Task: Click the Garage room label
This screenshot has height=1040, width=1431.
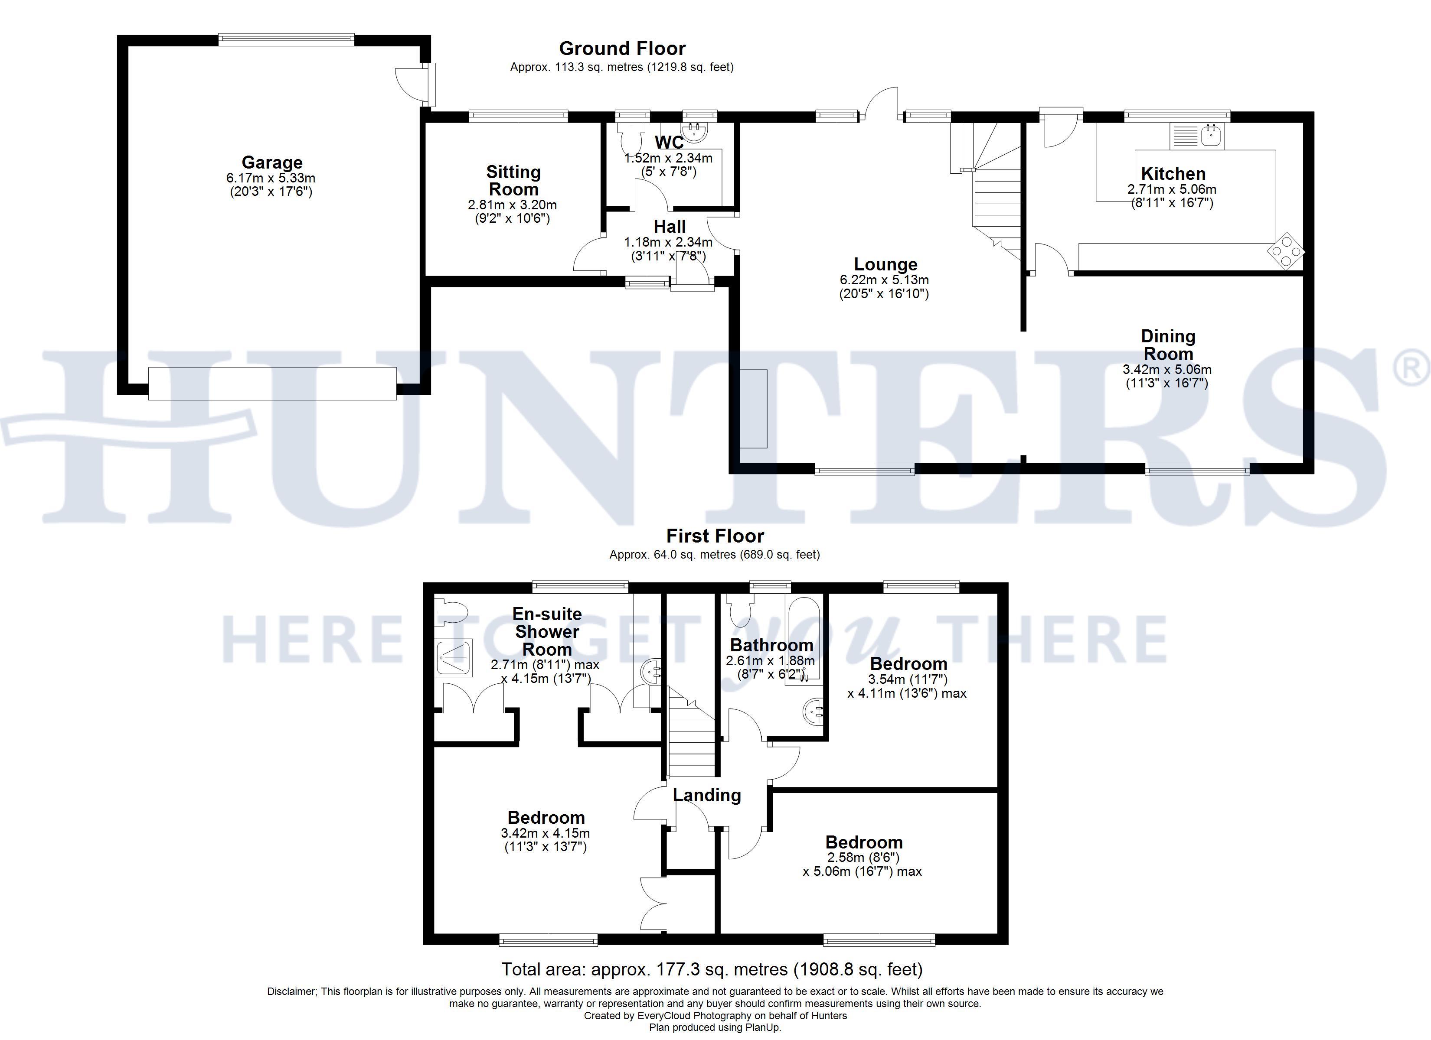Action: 272,163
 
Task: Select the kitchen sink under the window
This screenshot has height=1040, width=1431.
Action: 1197,136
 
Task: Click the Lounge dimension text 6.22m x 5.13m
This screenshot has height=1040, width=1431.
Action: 884,279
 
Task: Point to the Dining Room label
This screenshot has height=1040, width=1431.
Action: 1168,345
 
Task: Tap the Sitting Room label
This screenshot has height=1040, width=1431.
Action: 513,180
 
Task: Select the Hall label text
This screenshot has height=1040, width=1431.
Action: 670,226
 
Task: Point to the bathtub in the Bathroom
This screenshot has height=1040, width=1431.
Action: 803,641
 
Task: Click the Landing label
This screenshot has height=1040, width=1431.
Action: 707,795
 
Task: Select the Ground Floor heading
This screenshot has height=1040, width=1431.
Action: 622,49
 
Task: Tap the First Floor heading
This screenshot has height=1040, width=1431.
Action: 715,536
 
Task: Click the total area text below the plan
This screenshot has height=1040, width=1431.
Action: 712,969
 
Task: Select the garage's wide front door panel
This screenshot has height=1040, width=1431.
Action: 273,383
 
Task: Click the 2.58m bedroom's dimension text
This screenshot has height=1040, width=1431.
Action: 862,864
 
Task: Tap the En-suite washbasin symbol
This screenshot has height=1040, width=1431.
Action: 650,673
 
